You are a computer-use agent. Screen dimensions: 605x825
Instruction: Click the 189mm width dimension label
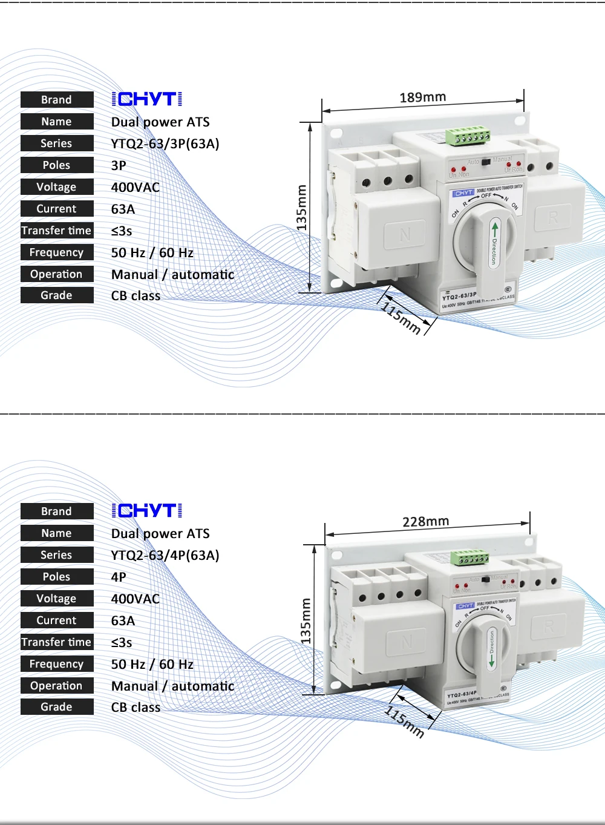(423, 97)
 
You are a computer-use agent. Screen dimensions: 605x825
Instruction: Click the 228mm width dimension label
(426, 521)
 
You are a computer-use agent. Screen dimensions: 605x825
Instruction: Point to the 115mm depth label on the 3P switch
(401, 318)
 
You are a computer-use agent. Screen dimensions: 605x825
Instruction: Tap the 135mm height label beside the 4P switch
(306, 621)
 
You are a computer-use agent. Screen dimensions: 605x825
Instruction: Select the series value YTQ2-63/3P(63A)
(165, 143)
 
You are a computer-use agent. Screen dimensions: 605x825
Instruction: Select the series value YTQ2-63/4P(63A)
(165, 555)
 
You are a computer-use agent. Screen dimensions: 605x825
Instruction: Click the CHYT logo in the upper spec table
(147, 99)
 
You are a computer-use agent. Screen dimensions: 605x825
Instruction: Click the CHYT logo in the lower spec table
(147, 511)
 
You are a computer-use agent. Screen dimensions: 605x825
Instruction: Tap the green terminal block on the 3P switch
(468, 137)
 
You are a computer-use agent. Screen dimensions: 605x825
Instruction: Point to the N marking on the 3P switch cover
(405, 234)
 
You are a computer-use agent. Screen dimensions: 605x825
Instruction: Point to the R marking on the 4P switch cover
(549, 626)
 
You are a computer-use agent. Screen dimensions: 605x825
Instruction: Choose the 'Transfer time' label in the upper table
(56, 231)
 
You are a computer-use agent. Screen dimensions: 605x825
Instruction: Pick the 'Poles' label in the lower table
(56, 577)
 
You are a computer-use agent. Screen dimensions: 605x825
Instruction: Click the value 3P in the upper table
(119, 165)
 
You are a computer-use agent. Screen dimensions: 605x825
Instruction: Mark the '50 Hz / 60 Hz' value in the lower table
(152, 664)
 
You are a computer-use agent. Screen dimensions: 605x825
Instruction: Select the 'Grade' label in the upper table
(56, 295)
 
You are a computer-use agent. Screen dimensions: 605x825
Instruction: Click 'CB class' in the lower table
(136, 707)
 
